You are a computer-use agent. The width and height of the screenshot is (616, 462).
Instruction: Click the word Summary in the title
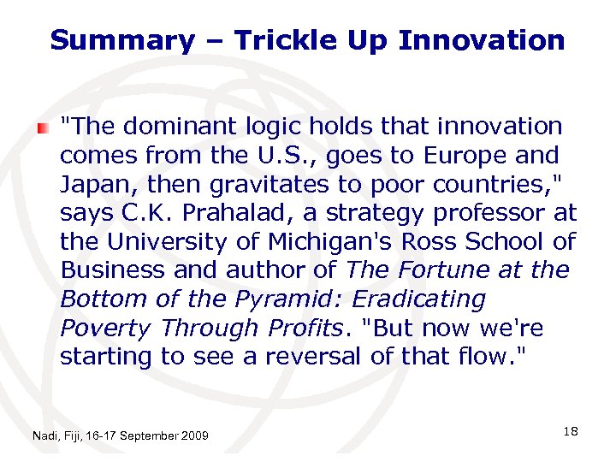[x=122, y=40]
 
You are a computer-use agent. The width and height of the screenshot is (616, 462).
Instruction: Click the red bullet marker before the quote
[x=43, y=127]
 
